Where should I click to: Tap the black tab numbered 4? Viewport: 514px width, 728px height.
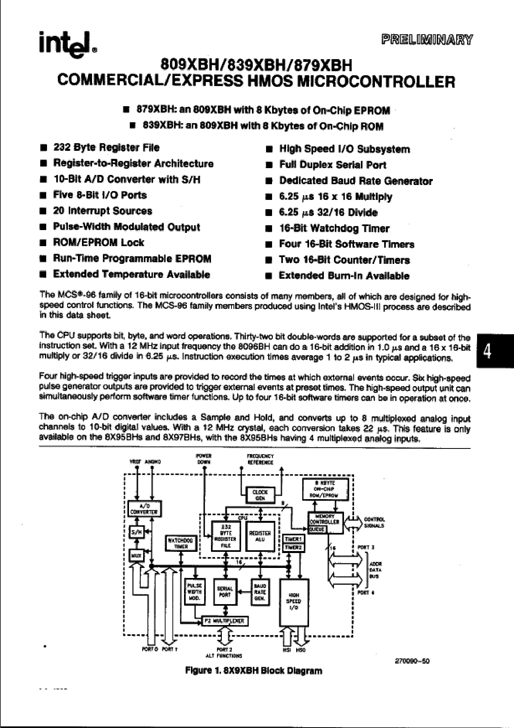[x=487, y=351]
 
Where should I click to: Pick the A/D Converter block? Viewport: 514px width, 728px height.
[x=144, y=509]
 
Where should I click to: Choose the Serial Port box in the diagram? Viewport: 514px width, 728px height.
[x=225, y=592]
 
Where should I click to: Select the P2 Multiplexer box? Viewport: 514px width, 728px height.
[x=224, y=621]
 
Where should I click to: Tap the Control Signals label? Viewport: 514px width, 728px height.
[x=374, y=522]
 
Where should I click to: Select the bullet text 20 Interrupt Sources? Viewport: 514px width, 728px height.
[x=102, y=211]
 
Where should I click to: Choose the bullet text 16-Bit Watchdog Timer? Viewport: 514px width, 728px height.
[x=334, y=228]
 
